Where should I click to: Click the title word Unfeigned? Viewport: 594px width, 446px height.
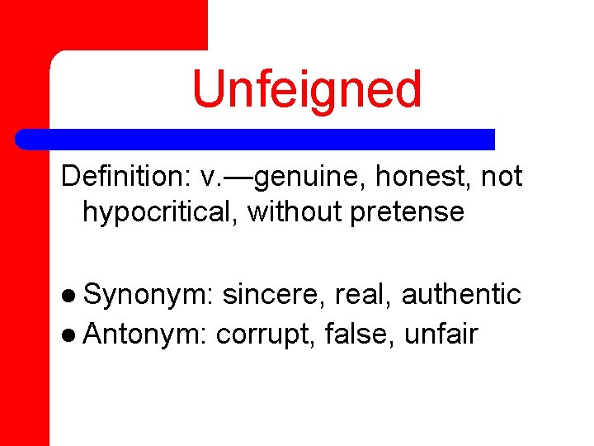pos(306,89)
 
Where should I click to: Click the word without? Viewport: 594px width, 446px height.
pos(295,211)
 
